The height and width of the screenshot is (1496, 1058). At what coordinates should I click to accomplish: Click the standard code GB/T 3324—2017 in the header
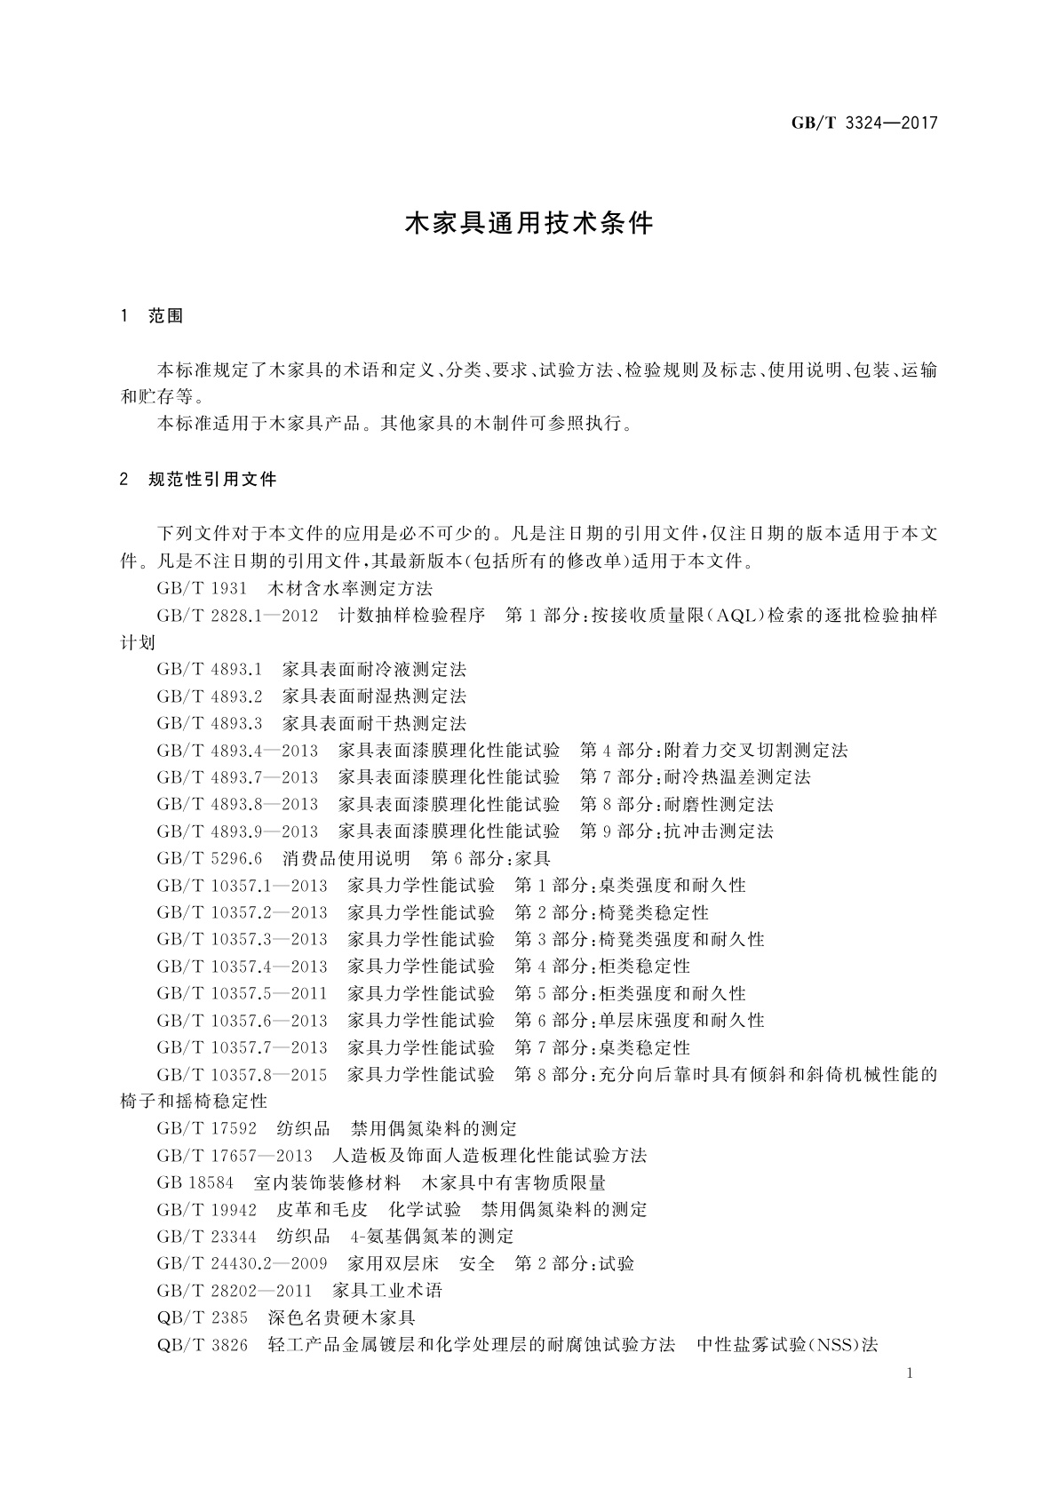pos(864,123)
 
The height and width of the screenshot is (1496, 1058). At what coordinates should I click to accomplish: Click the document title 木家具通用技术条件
pos(529,223)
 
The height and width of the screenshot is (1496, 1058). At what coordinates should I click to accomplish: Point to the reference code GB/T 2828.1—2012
pos(237,615)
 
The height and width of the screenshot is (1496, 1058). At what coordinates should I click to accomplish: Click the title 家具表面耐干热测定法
pos(374,723)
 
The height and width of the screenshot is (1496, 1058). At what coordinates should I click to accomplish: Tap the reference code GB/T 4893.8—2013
pos(237,804)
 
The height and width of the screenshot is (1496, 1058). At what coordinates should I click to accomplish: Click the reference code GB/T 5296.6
pos(210,858)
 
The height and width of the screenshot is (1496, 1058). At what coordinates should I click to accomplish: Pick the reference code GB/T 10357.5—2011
pos(242,993)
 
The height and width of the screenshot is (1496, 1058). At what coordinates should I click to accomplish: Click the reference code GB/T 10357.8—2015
pos(242,1075)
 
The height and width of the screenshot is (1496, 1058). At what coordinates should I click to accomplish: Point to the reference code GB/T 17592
pos(207,1129)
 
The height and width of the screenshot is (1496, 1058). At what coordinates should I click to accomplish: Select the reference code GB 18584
pos(195,1183)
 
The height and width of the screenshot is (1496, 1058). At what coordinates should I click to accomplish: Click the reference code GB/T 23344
pos(207,1237)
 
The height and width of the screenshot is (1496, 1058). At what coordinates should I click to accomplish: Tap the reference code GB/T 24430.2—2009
pos(242,1263)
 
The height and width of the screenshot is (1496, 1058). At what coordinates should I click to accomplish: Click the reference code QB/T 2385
pos(203,1317)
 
